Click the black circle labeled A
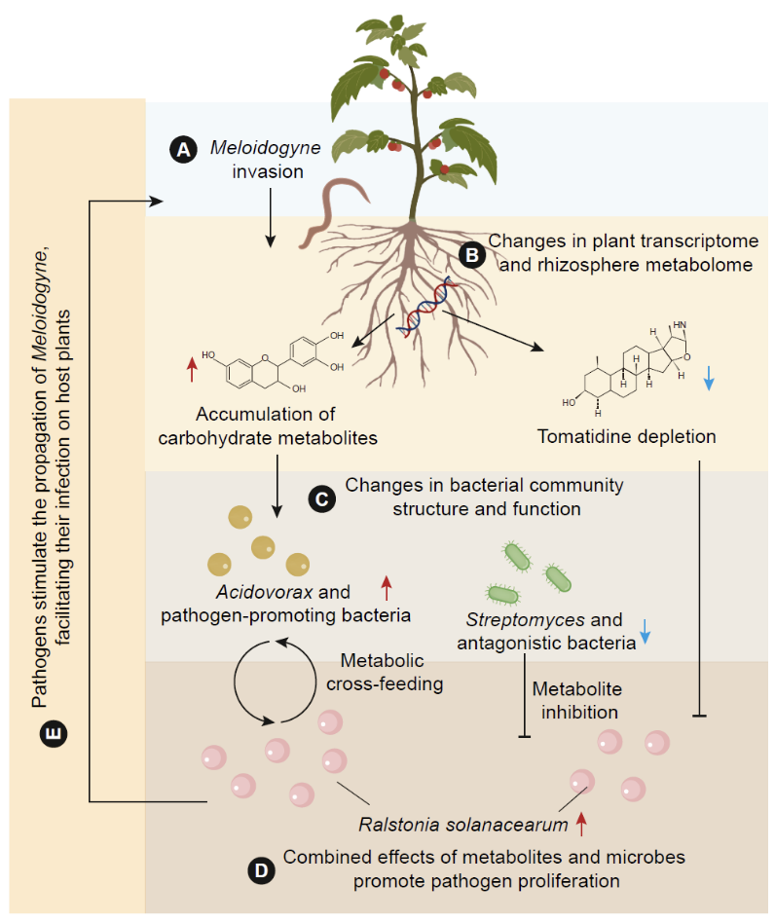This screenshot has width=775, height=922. [182, 149]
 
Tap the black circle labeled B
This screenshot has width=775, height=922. [471, 255]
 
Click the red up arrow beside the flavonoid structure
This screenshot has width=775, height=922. [192, 370]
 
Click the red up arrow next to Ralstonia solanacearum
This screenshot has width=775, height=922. [582, 826]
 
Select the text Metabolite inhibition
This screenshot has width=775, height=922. [574, 700]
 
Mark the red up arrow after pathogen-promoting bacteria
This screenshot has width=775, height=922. [386, 587]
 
